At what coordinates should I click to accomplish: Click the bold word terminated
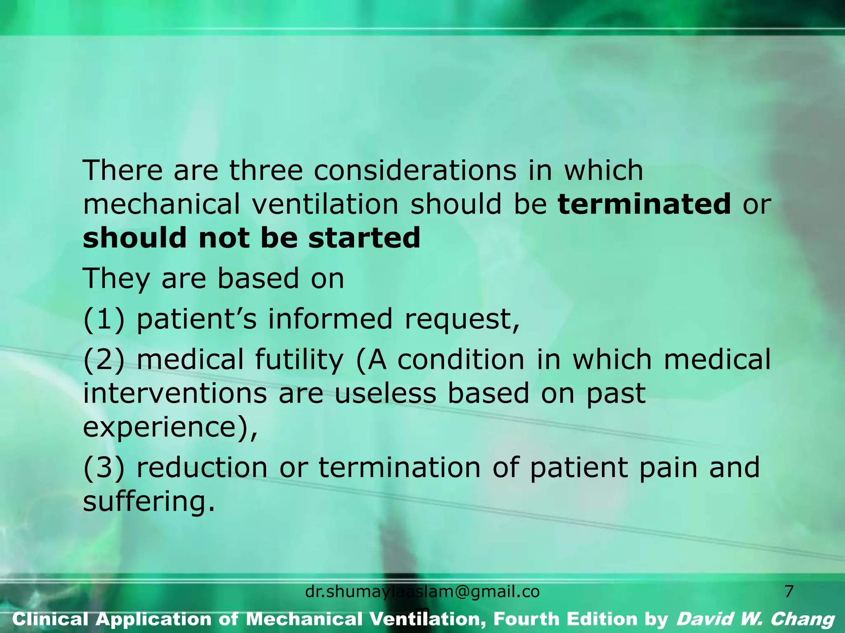coord(644,204)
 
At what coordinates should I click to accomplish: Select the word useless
coord(385,393)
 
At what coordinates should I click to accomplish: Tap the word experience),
coord(170,427)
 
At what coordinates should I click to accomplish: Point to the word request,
coord(462,319)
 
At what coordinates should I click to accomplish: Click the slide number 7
coord(788,592)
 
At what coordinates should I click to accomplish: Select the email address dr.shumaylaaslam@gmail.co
coord(422,592)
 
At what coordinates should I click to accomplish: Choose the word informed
coord(330,319)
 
